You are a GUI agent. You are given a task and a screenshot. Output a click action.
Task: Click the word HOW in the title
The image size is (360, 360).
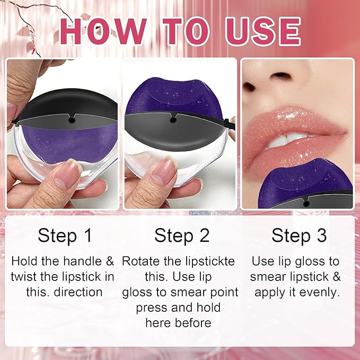click(103, 31)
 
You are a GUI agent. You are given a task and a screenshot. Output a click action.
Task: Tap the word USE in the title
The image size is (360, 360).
click(263, 31)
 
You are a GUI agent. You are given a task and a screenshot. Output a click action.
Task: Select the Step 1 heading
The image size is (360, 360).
click(65, 236)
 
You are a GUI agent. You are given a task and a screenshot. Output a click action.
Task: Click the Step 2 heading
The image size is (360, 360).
click(182, 236)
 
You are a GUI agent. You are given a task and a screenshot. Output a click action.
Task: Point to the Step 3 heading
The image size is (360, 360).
click(299, 236)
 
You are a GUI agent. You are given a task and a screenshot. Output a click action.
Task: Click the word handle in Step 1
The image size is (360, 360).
click(82, 261)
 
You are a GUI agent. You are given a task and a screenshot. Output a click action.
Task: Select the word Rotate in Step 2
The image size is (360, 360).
click(141, 261)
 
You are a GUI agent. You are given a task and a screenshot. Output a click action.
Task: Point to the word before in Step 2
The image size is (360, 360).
click(193, 323)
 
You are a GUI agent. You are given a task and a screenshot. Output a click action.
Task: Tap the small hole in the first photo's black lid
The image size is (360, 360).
click(72, 120)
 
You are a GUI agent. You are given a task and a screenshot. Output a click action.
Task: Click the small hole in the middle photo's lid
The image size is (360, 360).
click(173, 120)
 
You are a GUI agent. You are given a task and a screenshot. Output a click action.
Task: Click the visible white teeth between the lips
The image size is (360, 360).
click(286, 141)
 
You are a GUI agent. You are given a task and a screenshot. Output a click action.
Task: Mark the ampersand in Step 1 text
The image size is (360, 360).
click(110, 261)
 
